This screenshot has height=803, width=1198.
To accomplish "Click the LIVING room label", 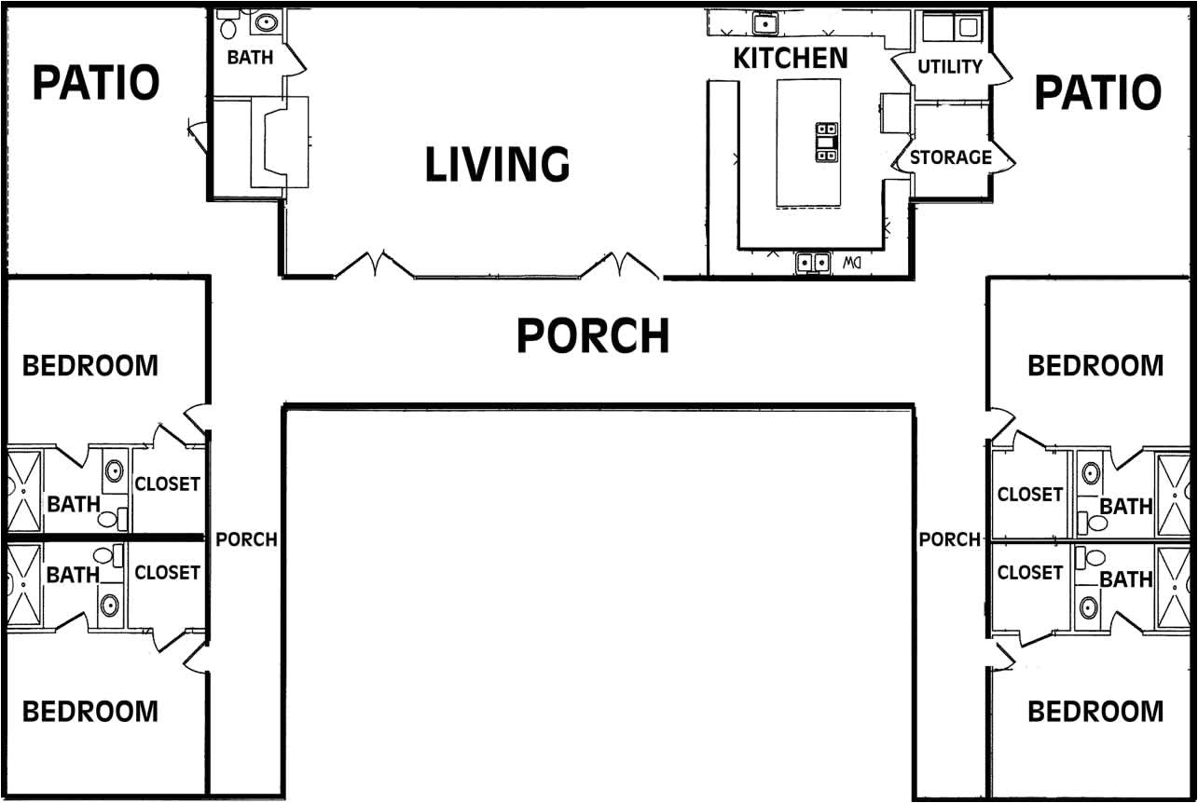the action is tap(498, 163).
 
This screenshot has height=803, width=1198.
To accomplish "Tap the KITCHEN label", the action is tap(791, 59).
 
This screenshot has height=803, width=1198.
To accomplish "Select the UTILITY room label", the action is tap(950, 67).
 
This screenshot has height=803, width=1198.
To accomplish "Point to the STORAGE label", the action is tap(951, 157).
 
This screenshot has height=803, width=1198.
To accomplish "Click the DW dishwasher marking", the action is tap(852, 263).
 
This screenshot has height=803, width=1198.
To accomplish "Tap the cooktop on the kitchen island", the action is tap(826, 143).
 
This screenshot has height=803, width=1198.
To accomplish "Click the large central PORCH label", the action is tap(593, 335).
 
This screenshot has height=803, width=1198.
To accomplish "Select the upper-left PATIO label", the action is tap(96, 82).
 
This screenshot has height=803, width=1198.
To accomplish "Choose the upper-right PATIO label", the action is tap(1098, 92).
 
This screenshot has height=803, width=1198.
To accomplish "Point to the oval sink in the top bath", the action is tap(266, 22).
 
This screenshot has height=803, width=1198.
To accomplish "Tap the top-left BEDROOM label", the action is tap(90, 366).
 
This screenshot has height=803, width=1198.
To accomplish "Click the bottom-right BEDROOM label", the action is tap(1095, 712).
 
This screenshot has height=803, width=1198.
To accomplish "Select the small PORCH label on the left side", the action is tap(246, 539).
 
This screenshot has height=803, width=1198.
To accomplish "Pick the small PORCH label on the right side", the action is tap(950, 539).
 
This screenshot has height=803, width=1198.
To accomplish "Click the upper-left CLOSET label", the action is tap(168, 484).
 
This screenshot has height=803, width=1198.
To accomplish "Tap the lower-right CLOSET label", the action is tap(1030, 573).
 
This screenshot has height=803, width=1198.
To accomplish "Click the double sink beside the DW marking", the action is tap(813, 263).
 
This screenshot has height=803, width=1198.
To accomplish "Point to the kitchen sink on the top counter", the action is tap(765, 23).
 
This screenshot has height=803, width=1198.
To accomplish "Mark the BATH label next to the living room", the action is tap(250, 57).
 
